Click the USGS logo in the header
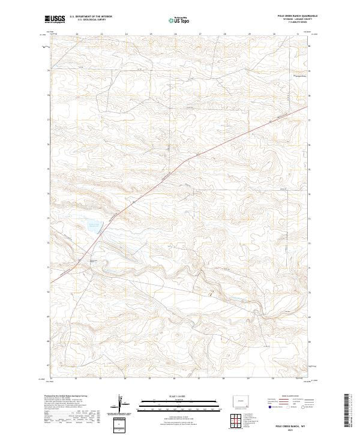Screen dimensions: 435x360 click(x=55, y=19)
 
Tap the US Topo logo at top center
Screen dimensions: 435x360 click(x=180, y=20)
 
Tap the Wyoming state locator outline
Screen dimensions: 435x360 click(x=241, y=400)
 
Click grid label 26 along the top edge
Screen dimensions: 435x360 click(x=175, y=34)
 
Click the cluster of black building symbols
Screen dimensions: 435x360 click(x=211, y=293)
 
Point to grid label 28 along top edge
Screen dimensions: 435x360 click(x=224, y=34)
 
